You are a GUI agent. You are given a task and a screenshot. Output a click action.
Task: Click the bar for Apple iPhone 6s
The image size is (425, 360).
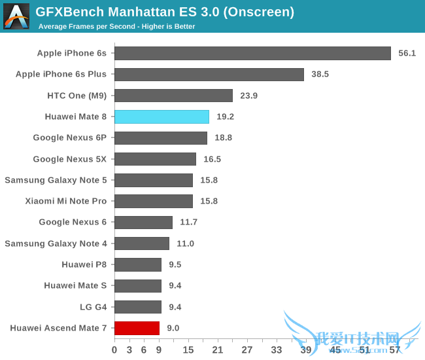click(x=252, y=53)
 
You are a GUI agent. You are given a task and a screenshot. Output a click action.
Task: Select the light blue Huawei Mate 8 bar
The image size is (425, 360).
click(x=161, y=117)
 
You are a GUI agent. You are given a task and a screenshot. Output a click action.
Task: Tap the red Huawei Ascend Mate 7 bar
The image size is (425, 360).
click(x=137, y=328)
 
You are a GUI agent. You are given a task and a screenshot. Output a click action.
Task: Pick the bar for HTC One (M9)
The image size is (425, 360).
click(x=173, y=96)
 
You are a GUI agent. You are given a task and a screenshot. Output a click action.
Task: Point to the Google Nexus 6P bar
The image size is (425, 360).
click(x=161, y=137)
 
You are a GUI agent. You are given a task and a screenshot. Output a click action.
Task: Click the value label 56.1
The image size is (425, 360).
click(x=407, y=53)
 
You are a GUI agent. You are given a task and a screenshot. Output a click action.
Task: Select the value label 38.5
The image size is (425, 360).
click(x=320, y=75)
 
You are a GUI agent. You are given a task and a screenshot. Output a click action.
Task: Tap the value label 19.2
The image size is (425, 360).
click(x=225, y=117)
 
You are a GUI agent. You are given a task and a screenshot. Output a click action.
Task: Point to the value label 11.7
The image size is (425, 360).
click(x=188, y=223)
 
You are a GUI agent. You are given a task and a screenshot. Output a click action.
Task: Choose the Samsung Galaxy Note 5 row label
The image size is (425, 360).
click(x=56, y=180)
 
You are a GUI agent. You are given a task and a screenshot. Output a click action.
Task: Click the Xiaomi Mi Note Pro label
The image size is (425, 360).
click(x=66, y=201)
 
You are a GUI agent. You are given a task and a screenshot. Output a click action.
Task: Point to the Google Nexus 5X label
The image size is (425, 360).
click(x=69, y=159)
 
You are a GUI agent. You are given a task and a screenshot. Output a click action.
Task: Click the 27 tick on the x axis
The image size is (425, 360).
click(x=247, y=350)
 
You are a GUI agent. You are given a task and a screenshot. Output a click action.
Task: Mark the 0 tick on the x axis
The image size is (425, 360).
click(x=115, y=350)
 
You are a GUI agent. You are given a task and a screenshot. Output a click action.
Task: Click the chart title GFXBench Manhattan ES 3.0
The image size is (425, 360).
click(x=164, y=12)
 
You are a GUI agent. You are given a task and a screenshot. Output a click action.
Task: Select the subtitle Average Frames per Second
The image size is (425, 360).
click(x=117, y=27)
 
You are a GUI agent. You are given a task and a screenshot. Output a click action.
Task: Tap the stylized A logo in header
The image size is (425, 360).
click(x=16, y=16)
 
